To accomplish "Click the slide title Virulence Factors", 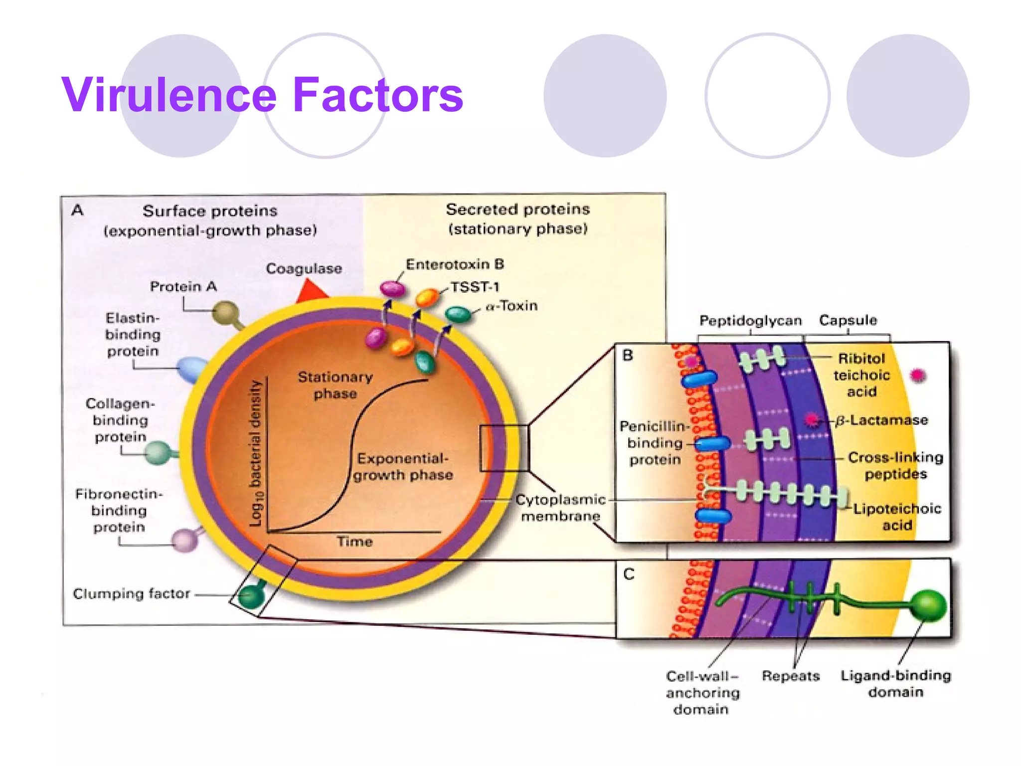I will pos(262,95).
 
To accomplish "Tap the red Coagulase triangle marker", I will pos(311,292).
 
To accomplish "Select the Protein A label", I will pos(183,287).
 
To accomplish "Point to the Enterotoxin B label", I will pos(455,264).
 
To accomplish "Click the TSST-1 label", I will pos(475,287).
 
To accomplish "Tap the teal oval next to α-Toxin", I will pos(458,314).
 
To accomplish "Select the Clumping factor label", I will pos(131,594).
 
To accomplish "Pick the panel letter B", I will pos(628,356).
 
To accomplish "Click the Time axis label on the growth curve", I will pos(354,542).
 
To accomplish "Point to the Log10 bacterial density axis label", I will pos(256,453).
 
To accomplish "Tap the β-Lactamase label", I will pos(881,420).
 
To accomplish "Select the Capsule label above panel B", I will pos(848,320).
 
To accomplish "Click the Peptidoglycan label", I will pos(750,320).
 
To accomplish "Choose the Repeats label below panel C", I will pos(791,676).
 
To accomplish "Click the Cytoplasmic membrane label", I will pos(560,508).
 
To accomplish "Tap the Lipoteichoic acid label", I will pos(897,517).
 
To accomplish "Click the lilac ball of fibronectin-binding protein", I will pos(185,540).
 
